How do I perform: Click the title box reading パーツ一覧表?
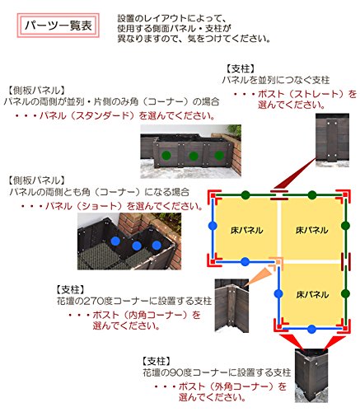click(58, 26)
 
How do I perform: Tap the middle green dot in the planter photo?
click(194, 156)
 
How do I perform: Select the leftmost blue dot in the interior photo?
click(115, 241)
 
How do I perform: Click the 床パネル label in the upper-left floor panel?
click(246, 230)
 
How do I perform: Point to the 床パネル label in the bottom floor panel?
click(312, 294)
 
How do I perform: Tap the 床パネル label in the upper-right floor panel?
click(311, 230)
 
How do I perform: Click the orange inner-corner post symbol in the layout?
click(277, 263)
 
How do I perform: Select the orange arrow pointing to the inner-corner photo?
click(259, 276)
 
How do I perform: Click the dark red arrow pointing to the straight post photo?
click(296, 174)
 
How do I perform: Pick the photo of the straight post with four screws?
click(332, 140)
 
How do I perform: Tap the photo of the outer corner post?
click(311, 376)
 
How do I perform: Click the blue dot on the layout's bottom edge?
click(311, 329)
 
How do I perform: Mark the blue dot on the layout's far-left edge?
click(213, 226)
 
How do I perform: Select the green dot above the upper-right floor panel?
click(311, 195)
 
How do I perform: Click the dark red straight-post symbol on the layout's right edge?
click(346, 262)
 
